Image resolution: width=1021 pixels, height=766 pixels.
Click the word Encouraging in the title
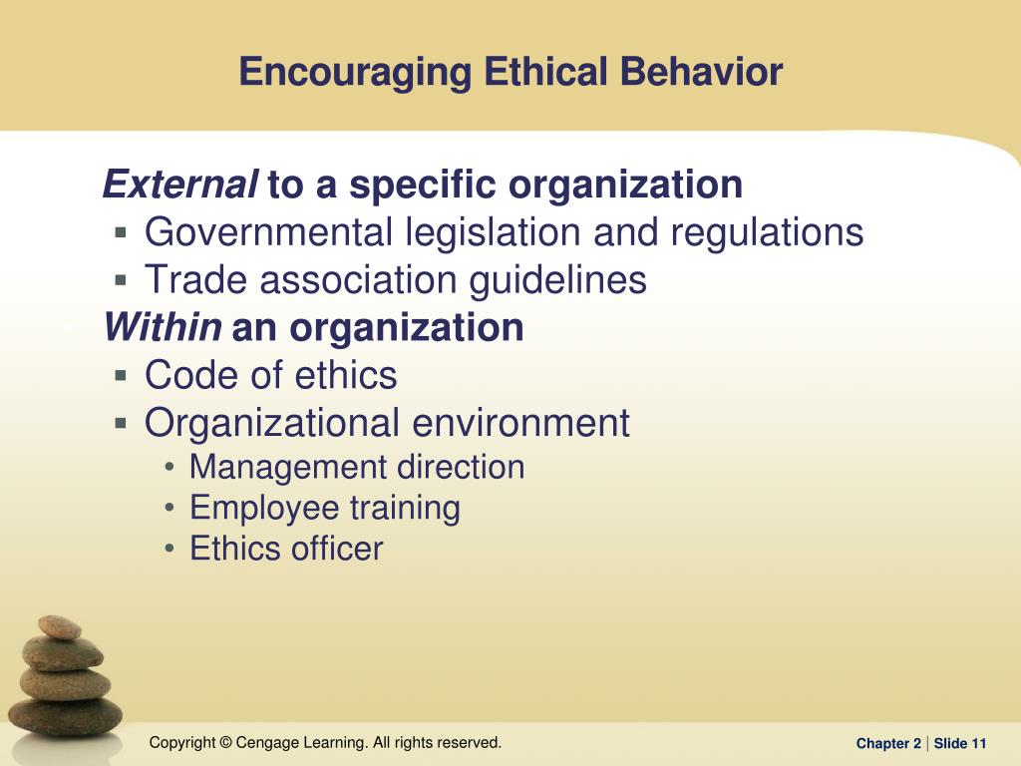click(x=355, y=72)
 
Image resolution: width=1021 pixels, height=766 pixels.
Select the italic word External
click(x=180, y=185)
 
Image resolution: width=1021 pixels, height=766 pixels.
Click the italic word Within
click(x=163, y=327)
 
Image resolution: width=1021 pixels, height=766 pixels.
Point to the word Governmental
click(x=268, y=231)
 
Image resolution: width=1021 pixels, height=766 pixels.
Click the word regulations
click(x=767, y=233)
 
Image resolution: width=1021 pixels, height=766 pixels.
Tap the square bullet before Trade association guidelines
click(x=121, y=280)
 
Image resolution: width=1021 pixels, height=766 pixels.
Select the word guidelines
click(x=558, y=280)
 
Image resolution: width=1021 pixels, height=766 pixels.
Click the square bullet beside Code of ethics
click(x=121, y=375)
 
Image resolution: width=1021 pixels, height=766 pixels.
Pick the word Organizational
click(x=272, y=423)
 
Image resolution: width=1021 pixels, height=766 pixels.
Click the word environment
click(x=520, y=423)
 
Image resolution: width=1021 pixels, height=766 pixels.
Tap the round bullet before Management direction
click(x=170, y=467)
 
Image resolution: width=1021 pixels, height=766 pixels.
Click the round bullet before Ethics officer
click(x=170, y=549)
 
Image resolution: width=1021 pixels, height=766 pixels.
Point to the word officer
click(x=337, y=549)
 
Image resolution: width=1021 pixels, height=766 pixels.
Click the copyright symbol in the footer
click(x=226, y=742)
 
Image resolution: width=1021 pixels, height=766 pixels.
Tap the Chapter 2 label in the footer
click(x=888, y=743)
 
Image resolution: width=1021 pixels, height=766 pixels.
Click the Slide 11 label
click(x=960, y=743)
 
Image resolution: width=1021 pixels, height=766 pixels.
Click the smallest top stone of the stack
click(x=60, y=628)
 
